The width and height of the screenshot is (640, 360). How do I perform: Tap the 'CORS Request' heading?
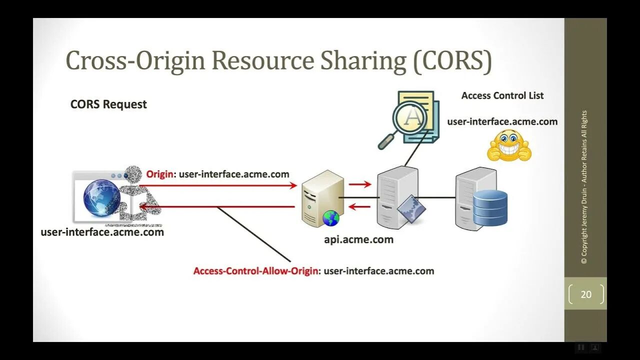point(108,104)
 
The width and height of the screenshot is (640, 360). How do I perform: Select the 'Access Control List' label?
point(502,95)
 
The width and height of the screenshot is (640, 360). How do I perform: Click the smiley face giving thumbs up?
point(509,146)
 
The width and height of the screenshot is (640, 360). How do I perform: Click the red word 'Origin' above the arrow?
point(160,174)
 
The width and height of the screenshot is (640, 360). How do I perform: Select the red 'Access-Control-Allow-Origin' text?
point(255,271)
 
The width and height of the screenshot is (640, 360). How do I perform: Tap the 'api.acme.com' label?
point(358,239)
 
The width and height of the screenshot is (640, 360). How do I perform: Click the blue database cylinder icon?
point(490,207)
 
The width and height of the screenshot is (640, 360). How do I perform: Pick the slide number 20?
point(586,294)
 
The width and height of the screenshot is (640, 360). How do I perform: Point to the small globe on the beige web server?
point(330,218)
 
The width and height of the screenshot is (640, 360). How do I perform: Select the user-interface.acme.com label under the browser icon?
point(102,232)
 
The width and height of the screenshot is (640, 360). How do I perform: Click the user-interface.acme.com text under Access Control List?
point(502,121)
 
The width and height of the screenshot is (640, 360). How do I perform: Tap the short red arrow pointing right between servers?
point(360,184)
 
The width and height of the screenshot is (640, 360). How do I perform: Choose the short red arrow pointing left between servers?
point(359,206)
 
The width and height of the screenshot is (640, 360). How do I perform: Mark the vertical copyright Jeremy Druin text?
point(584,187)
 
